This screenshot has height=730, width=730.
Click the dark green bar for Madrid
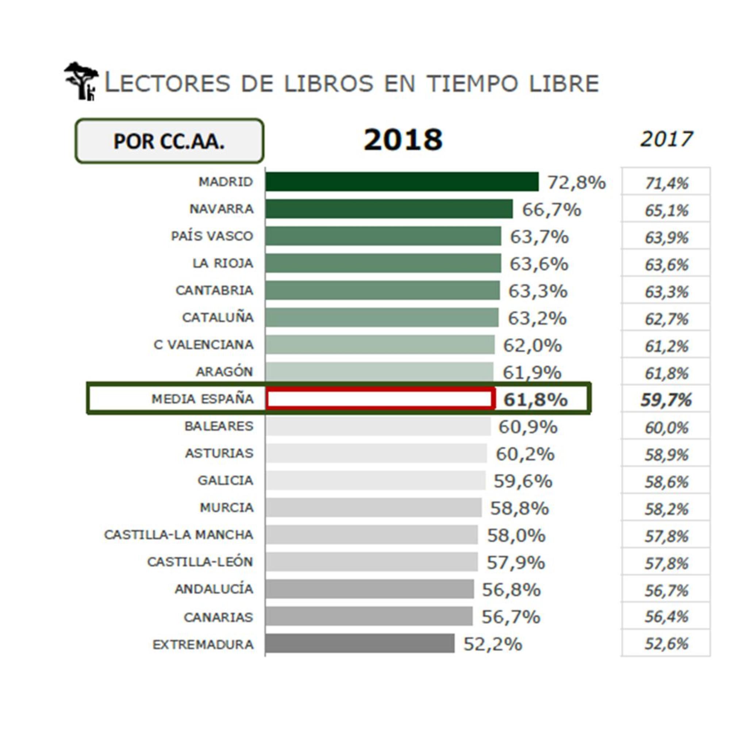click(x=401, y=182)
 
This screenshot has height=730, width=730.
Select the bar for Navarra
click(x=389, y=209)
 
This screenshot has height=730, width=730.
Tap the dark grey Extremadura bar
click(x=360, y=643)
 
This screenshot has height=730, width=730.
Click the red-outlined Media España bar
click(x=380, y=399)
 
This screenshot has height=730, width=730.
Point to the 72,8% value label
click(x=577, y=183)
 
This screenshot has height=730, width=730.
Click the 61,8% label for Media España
click(x=535, y=400)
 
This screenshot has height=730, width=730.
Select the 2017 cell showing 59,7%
click(x=666, y=400)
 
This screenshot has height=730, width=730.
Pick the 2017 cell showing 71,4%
click(x=666, y=183)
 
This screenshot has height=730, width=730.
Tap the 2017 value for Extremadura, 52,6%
click(x=666, y=644)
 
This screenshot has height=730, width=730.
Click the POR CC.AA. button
click(x=169, y=141)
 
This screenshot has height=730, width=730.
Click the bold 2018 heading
click(x=403, y=140)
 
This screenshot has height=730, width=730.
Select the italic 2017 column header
click(x=666, y=139)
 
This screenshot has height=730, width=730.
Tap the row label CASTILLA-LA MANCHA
click(x=178, y=535)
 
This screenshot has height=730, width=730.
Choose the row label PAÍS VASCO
click(x=212, y=236)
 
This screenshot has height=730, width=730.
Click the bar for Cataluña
click(x=382, y=318)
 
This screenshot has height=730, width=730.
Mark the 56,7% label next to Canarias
click(x=511, y=617)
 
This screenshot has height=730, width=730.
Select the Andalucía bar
click(x=369, y=589)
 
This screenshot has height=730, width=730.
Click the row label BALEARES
click(x=219, y=426)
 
